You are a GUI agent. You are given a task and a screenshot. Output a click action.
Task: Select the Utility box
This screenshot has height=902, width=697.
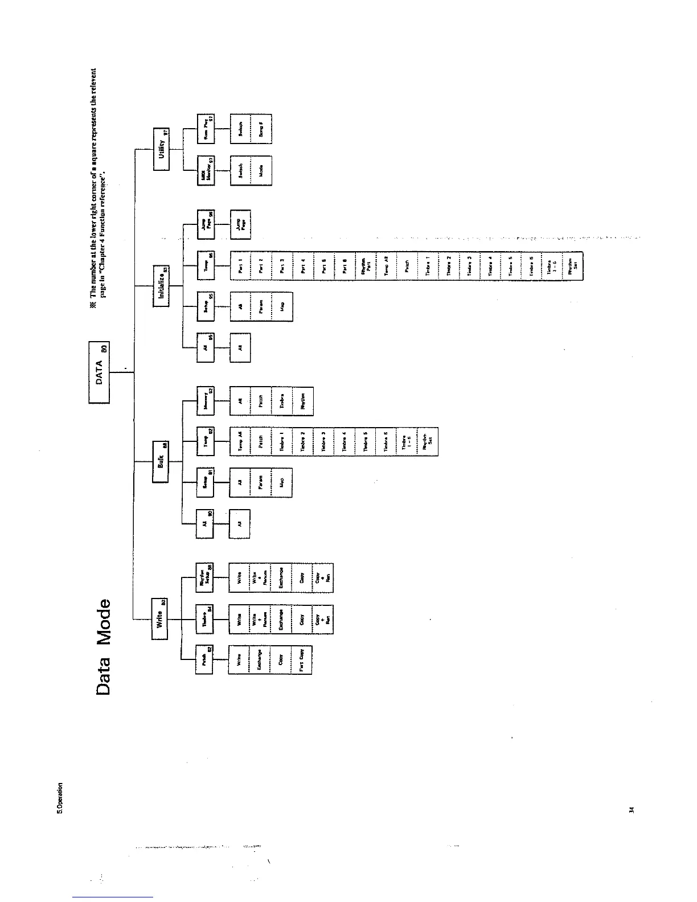click(162, 149)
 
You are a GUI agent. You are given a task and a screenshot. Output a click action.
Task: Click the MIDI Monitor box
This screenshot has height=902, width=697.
click(205, 170)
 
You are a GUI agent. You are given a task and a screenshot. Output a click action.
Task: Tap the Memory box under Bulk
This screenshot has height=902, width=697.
click(205, 400)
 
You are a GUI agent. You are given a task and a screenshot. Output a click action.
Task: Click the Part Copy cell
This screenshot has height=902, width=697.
click(302, 660)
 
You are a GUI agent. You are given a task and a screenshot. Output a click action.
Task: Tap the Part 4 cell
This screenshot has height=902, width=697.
click(304, 265)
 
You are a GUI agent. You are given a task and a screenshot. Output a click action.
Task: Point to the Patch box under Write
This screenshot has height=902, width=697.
click(204, 660)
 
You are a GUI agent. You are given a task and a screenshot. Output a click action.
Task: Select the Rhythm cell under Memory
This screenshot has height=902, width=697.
click(303, 400)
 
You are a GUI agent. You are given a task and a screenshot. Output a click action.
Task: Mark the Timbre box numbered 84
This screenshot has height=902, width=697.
click(205, 619)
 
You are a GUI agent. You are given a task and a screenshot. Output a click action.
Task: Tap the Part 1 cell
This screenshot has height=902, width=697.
click(240, 265)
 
